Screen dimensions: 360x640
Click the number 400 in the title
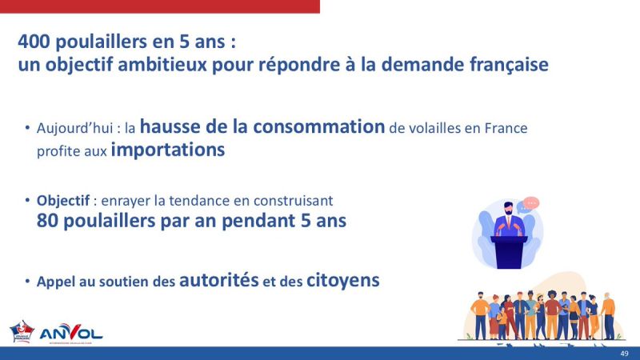(x=37, y=41)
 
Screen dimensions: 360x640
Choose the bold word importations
(x=168, y=150)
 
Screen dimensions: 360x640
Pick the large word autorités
(x=219, y=280)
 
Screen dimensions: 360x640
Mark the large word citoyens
(x=342, y=280)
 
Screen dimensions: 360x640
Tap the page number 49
(x=624, y=354)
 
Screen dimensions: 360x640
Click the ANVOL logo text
(x=71, y=330)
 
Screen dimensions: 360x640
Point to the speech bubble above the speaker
(x=527, y=205)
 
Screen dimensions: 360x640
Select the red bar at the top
(x=160, y=6)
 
